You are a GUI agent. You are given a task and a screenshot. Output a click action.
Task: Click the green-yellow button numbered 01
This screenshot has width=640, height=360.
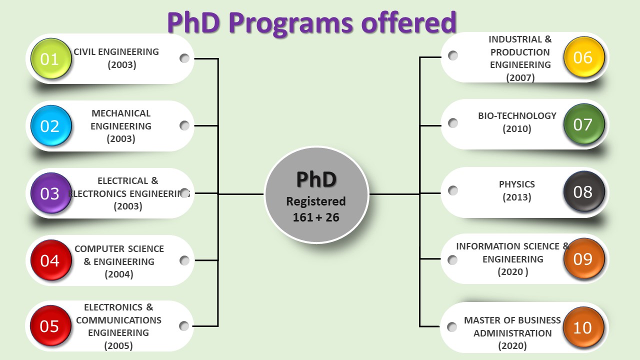[x=51, y=58]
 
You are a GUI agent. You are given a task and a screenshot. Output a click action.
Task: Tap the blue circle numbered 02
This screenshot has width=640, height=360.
[x=51, y=125]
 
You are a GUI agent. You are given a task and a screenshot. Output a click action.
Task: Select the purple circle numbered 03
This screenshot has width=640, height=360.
[x=51, y=193]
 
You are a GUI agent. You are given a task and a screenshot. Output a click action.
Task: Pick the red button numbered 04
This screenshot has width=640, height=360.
[x=51, y=260]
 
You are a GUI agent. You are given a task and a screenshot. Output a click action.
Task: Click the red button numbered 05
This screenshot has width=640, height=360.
[x=50, y=325]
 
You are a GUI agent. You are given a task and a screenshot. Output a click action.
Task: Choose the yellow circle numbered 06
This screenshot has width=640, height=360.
[x=584, y=57]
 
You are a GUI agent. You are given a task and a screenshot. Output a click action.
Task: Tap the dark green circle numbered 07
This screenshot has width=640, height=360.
[x=584, y=124]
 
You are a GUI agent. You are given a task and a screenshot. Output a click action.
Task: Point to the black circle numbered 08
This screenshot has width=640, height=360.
[x=584, y=191]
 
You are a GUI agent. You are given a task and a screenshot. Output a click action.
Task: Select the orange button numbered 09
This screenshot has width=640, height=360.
[x=584, y=259]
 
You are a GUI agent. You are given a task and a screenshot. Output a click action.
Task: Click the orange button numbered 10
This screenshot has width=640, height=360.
[x=583, y=327]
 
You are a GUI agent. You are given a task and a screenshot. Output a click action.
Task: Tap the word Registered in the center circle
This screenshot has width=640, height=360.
[x=316, y=201]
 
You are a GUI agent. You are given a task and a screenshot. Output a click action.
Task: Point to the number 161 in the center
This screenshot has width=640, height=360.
[x=303, y=217]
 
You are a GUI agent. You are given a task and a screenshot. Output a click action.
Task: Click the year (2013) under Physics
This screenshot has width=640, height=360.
[x=517, y=197]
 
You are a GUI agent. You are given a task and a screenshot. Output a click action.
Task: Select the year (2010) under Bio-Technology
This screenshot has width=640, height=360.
[x=517, y=129]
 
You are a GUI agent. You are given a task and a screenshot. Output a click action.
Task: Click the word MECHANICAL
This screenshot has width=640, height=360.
[x=121, y=113]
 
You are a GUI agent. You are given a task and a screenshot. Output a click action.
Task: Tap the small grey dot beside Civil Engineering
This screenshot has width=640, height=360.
[x=184, y=58]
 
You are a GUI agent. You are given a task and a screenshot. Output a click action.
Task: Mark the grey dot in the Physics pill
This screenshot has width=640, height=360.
[x=453, y=190]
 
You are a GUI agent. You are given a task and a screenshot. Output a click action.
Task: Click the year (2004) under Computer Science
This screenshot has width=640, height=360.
[x=119, y=274]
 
